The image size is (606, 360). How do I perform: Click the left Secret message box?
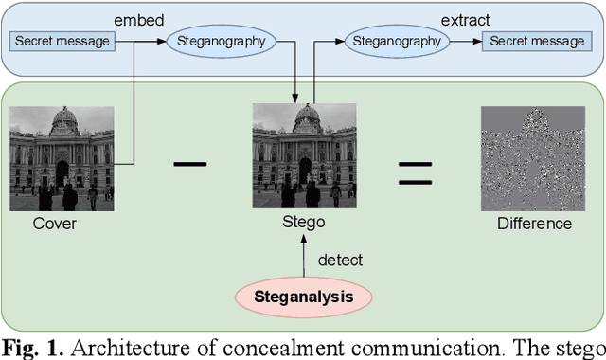[62, 41]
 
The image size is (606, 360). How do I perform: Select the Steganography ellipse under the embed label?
[221, 41]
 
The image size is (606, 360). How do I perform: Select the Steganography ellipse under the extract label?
[396, 41]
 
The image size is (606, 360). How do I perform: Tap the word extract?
[465, 18]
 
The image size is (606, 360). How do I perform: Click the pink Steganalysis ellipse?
[303, 297]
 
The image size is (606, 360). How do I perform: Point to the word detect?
[340, 260]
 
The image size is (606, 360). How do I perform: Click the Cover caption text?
[55, 224]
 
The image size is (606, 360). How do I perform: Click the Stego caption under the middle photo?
[303, 223]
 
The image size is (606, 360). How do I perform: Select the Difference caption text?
[534, 224]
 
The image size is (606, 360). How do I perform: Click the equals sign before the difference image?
[415, 171]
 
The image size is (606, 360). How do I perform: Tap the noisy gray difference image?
[528, 157]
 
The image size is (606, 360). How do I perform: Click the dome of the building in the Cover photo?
[63, 120]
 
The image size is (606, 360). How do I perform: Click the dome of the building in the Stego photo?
[307, 117]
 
